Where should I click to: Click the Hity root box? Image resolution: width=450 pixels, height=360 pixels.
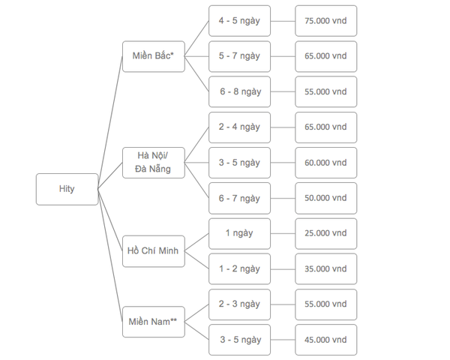pyautogui.click(x=67, y=189)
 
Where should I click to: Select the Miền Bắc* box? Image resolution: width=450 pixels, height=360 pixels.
pyautogui.click(x=154, y=56)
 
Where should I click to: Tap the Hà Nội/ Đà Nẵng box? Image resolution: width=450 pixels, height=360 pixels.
pyautogui.click(x=154, y=163)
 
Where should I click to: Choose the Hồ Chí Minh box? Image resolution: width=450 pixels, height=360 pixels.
pyautogui.click(x=154, y=251)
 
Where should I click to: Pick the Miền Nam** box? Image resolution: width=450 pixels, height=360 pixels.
pyautogui.click(x=154, y=322)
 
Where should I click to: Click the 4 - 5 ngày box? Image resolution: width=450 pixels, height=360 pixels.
pyautogui.click(x=240, y=21)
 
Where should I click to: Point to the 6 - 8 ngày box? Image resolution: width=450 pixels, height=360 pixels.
pyautogui.click(x=240, y=91)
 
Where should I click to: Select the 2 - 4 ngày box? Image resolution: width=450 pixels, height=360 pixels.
pyautogui.click(x=240, y=127)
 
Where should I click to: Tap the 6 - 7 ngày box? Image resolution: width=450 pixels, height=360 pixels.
pyautogui.click(x=240, y=198)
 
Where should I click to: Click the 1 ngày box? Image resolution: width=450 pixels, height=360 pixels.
pyautogui.click(x=240, y=234)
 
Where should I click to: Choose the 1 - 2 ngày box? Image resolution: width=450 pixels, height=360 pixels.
pyautogui.click(x=240, y=269)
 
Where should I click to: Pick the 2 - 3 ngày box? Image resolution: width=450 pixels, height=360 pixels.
pyautogui.click(x=240, y=304)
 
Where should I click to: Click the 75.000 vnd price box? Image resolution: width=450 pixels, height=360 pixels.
pyautogui.click(x=326, y=21)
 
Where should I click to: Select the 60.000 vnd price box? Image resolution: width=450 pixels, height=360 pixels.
pyautogui.click(x=326, y=163)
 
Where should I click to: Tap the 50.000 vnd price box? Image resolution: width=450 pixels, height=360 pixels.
pyautogui.click(x=326, y=198)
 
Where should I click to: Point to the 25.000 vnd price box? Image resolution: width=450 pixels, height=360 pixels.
pyautogui.click(x=326, y=234)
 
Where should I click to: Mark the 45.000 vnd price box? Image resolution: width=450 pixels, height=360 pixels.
pyautogui.click(x=326, y=340)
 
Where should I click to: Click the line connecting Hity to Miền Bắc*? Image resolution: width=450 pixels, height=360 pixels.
pyautogui.click(x=110, y=122)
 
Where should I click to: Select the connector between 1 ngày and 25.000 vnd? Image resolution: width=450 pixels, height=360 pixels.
pyautogui.click(x=283, y=234)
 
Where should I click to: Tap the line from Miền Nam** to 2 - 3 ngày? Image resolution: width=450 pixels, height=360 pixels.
pyautogui.click(x=196, y=313)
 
